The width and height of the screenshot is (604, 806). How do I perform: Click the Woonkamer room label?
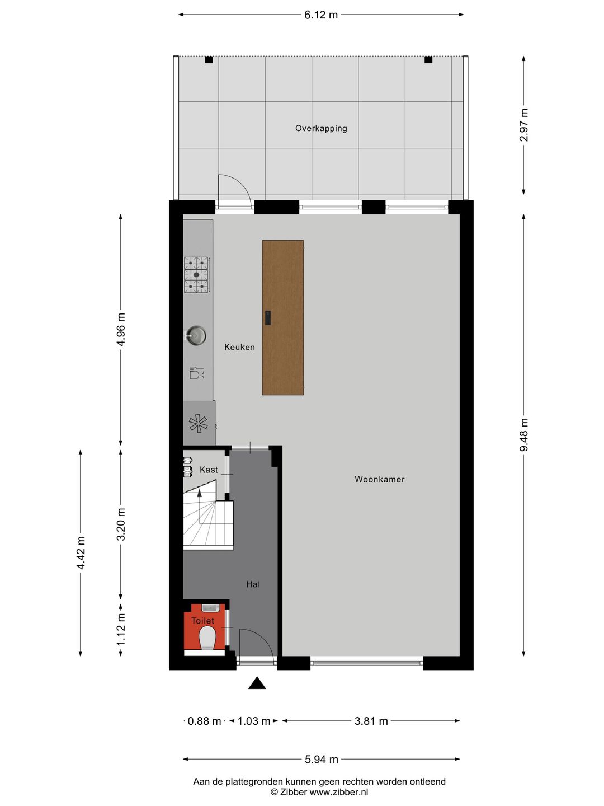[379, 479]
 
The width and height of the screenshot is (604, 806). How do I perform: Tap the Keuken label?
[239, 347]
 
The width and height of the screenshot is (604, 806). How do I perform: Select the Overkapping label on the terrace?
[321, 128]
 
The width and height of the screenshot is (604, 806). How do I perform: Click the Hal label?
[253, 584]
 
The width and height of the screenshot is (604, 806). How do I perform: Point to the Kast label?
[209, 470]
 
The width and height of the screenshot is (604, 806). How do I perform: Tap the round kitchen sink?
[196, 336]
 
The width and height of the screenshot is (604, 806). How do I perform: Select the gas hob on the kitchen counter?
[196, 275]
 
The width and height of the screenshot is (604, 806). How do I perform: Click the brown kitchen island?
[283, 317]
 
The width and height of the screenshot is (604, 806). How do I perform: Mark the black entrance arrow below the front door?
[257, 683]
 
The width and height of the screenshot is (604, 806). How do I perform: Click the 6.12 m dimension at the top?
[321, 15]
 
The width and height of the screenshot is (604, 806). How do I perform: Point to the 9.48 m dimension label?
[524, 434]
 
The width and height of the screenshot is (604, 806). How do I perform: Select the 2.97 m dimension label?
[524, 125]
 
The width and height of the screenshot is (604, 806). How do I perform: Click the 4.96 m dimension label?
[121, 330]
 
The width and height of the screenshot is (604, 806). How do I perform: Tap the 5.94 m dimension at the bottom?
[321, 760]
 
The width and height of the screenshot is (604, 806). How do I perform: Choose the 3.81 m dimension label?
[371, 721]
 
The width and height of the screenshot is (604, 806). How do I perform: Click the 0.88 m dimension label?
[204, 721]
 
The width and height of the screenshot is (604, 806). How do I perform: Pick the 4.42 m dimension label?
[81, 553]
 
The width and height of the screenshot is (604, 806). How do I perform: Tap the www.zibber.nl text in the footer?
[338, 792]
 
